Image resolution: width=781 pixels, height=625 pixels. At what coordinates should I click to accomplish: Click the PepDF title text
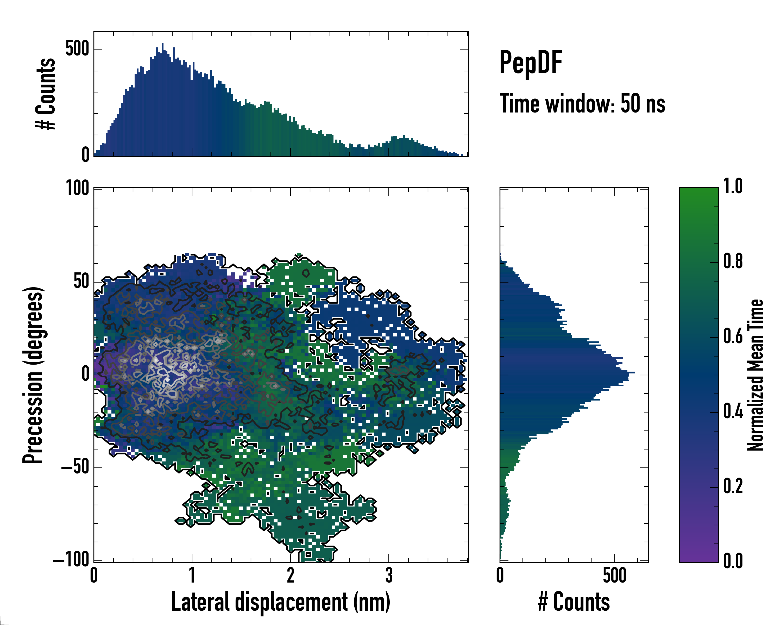tap(531, 63)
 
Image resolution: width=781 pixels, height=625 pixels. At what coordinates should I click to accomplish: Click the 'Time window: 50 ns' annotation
tap(582, 104)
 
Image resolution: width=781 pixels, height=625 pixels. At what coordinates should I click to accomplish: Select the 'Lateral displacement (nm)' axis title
tap(281, 602)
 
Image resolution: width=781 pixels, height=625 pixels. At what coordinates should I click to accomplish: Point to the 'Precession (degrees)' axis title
tap(33, 375)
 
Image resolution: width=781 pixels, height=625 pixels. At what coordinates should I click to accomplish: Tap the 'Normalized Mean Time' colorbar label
tap(755, 375)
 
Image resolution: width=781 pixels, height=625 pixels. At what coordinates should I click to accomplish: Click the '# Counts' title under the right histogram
tap(574, 602)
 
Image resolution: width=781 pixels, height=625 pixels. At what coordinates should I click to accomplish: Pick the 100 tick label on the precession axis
tap(77, 189)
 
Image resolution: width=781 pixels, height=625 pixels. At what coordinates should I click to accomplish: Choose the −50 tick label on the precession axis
tap(75, 467)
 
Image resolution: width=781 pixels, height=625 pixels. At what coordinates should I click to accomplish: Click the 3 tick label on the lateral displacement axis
tap(389, 575)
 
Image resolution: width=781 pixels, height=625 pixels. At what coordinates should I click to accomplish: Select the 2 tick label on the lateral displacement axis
tap(291, 575)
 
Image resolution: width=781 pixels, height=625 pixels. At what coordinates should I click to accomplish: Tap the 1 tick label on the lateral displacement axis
tap(192, 575)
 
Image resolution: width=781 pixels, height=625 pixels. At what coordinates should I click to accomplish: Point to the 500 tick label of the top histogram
tap(77, 49)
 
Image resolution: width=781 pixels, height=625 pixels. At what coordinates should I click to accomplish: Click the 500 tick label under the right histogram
tap(614, 575)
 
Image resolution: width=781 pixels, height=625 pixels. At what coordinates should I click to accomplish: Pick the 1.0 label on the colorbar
tap(733, 187)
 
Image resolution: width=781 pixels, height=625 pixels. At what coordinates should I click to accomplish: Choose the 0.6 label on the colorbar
tap(733, 337)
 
